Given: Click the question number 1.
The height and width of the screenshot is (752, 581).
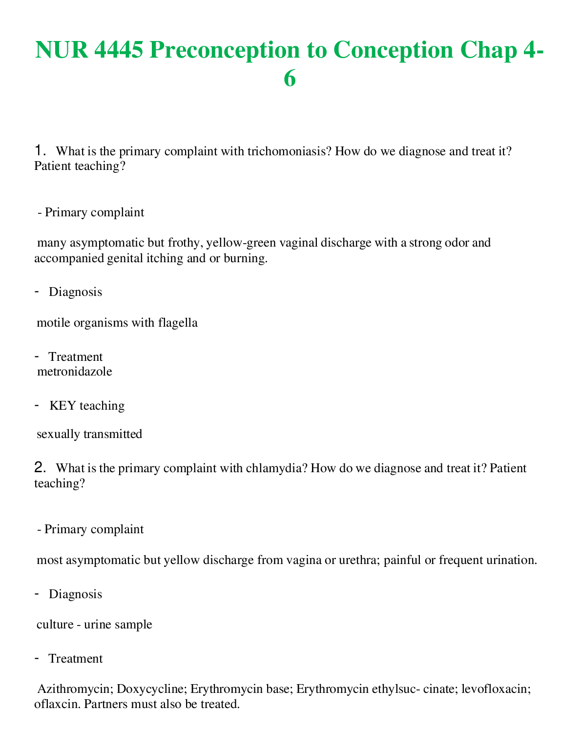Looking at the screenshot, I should click(x=40, y=151).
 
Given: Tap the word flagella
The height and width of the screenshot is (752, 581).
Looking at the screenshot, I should click(x=178, y=323).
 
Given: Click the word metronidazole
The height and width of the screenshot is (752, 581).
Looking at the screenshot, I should click(x=75, y=372).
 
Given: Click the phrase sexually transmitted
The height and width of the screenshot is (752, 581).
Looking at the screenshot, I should click(x=89, y=434).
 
